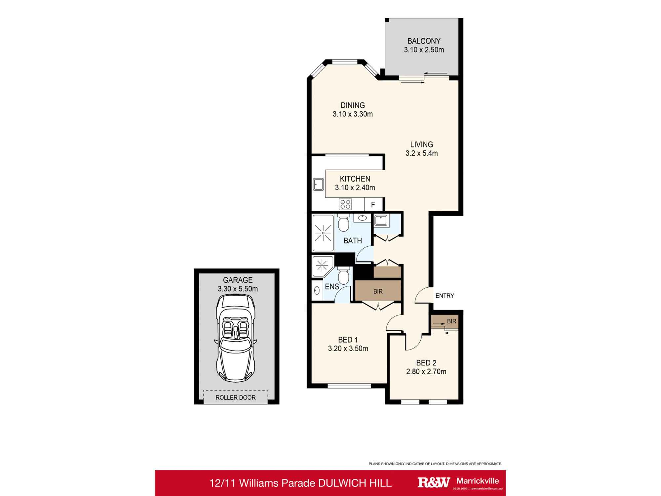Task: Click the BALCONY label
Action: click(x=424, y=41)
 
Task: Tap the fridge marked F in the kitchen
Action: click(x=373, y=205)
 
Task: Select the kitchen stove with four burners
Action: click(x=345, y=204)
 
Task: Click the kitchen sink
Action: click(x=318, y=184)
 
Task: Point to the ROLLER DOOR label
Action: click(x=235, y=397)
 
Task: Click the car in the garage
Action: click(x=235, y=337)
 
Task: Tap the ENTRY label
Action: click(x=445, y=296)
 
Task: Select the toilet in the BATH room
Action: click(x=343, y=223)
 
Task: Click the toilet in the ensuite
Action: click(x=344, y=276)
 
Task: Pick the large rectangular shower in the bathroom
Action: click(x=323, y=233)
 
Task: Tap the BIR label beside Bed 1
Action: click(x=378, y=291)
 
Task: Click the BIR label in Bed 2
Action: click(x=451, y=321)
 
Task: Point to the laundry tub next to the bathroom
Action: click(x=381, y=220)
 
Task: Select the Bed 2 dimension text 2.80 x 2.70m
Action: click(x=426, y=371)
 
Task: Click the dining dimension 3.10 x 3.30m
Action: click(x=353, y=114)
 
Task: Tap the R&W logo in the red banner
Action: click(x=434, y=482)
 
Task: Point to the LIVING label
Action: click(x=421, y=145)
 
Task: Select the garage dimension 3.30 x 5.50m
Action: click(x=238, y=289)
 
